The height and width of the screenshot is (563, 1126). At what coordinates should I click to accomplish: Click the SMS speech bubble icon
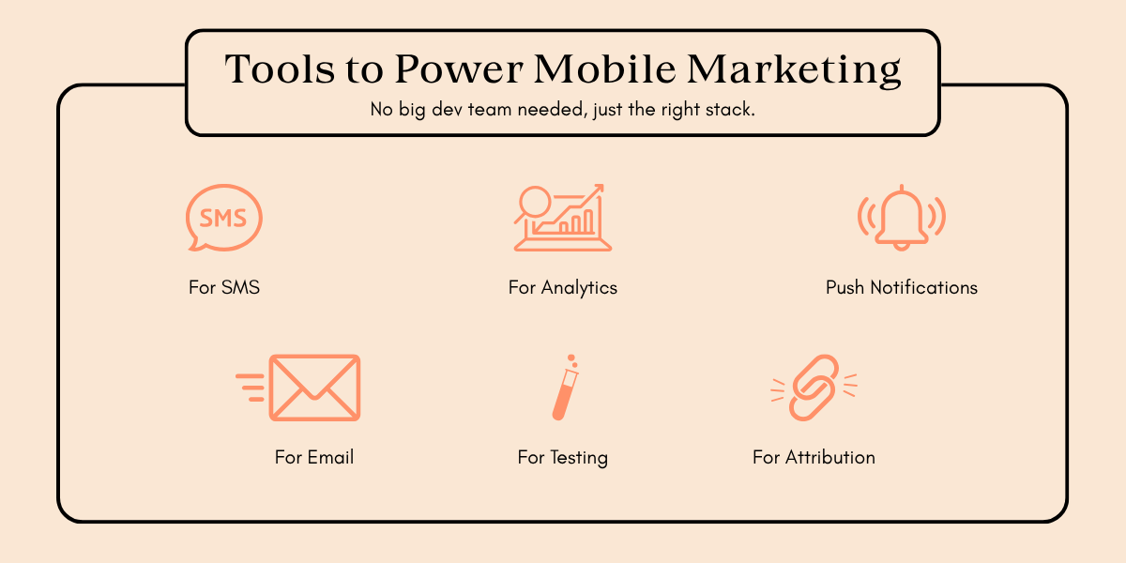point(223,218)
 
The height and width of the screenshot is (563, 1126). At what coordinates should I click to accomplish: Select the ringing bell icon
point(901,218)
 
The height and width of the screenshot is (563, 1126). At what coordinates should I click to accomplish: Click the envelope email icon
point(314,388)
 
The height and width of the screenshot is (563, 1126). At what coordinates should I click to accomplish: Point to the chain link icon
point(814,387)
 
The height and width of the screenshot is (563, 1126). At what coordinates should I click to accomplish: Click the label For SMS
point(224,287)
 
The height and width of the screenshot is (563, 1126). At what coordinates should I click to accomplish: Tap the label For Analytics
point(563,287)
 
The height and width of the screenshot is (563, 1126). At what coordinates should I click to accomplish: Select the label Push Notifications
point(901,287)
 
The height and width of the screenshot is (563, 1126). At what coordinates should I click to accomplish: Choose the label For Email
point(314,457)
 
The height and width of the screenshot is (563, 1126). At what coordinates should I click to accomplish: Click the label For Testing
point(563,457)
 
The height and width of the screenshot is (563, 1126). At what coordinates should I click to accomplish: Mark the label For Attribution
point(814,457)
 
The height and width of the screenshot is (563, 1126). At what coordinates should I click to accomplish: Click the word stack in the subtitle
point(733,110)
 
